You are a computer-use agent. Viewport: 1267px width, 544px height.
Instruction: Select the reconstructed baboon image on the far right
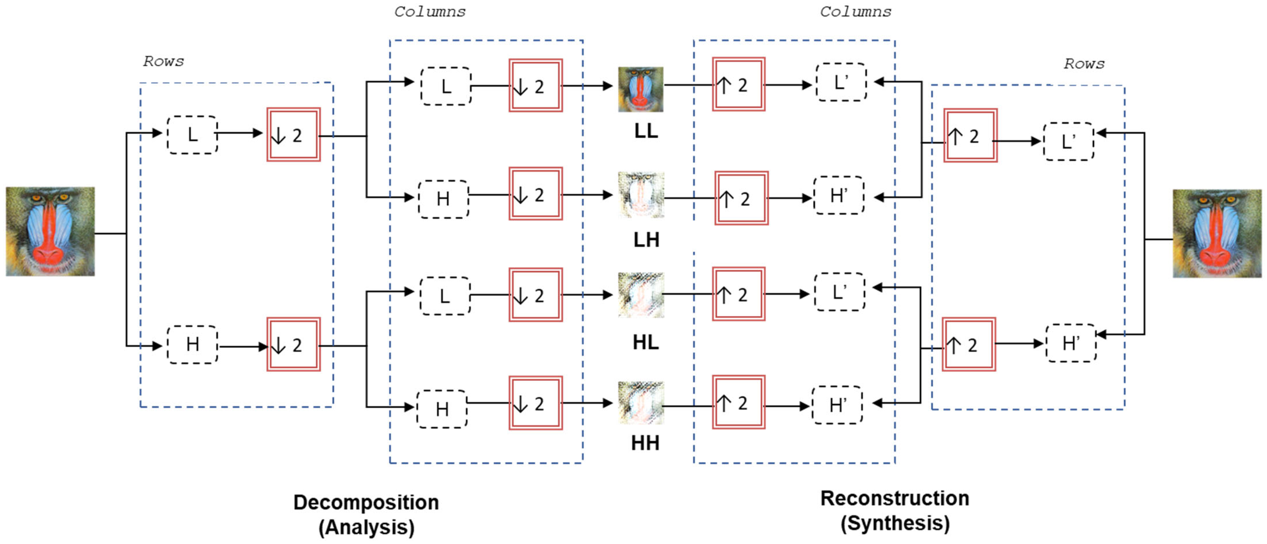coord(1217,233)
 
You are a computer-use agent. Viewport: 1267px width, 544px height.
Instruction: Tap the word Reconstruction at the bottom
coord(894,498)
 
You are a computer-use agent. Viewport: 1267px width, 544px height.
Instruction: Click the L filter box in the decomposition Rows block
coord(192,135)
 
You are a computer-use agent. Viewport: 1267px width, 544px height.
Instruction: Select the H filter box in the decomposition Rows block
coord(192,345)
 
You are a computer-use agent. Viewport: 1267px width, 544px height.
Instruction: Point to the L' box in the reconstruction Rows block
coord(1068,141)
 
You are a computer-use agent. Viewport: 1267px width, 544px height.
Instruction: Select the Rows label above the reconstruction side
coord(1084,64)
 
